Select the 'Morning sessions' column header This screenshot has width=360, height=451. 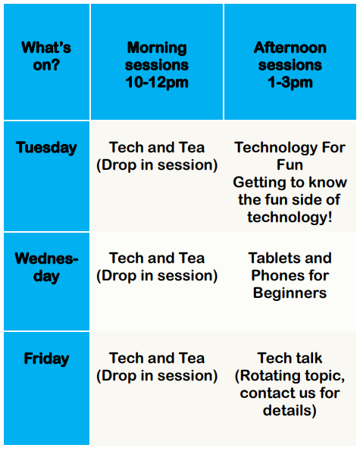tap(157, 56)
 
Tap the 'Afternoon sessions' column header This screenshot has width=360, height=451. tap(290, 56)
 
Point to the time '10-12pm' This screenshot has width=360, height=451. tap(157, 83)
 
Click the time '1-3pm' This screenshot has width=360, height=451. tap(290, 83)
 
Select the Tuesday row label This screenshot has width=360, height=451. tap(46, 148)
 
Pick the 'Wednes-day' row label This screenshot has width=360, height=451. tap(46, 268)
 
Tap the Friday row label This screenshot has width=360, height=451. tap(46, 359)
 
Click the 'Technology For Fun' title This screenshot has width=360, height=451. tap(290, 156)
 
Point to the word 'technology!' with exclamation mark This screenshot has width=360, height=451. tap(290, 218)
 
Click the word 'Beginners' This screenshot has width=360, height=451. tap(290, 293)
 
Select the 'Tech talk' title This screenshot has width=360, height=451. tap(290, 358)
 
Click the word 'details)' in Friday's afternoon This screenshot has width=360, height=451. tap(290, 410)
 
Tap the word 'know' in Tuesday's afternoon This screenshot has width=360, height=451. tap(327, 183)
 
